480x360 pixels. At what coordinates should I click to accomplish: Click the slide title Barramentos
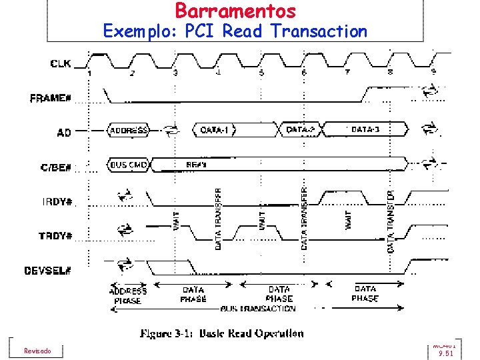[x=235, y=11]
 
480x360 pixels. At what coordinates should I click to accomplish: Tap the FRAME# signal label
[x=51, y=98]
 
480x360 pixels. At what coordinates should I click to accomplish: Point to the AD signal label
[x=64, y=133]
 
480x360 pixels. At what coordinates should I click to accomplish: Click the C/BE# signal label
[x=56, y=167]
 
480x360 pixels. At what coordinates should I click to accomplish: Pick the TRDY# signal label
[x=57, y=235]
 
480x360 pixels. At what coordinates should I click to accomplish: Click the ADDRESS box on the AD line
[x=129, y=130]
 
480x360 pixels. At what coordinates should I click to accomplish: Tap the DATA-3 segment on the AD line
[x=365, y=129]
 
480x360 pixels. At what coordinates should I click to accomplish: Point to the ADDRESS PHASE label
[x=127, y=296]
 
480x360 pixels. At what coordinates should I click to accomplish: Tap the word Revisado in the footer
[x=37, y=351]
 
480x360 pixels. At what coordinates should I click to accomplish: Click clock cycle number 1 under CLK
[x=89, y=72]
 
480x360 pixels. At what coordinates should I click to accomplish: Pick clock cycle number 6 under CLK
[x=303, y=72]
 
